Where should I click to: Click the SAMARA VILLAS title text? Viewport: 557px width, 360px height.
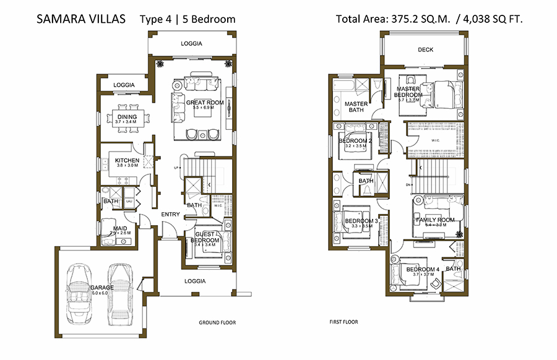(81, 19)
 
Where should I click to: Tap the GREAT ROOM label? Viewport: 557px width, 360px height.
(204, 102)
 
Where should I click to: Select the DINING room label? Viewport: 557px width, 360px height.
(127, 116)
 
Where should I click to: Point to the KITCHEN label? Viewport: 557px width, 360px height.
(127, 161)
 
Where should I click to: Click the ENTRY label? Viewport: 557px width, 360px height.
(170, 215)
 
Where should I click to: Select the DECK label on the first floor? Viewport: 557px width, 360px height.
(425, 50)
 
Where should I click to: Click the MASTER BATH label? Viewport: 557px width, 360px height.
(356, 108)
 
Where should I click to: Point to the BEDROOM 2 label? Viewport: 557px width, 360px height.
(354, 140)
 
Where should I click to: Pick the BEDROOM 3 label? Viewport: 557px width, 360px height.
(361, 221)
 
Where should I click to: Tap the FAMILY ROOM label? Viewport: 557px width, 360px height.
(435, 220)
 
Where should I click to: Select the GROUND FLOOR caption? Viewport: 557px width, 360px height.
(217, 323)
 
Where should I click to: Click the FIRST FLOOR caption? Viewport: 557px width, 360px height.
(343, 322)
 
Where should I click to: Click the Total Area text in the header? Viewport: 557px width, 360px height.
(429, 19)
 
